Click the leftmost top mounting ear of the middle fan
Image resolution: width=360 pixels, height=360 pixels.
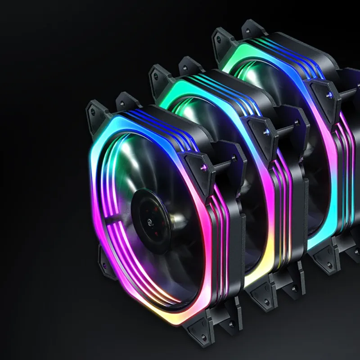coord(158,73)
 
